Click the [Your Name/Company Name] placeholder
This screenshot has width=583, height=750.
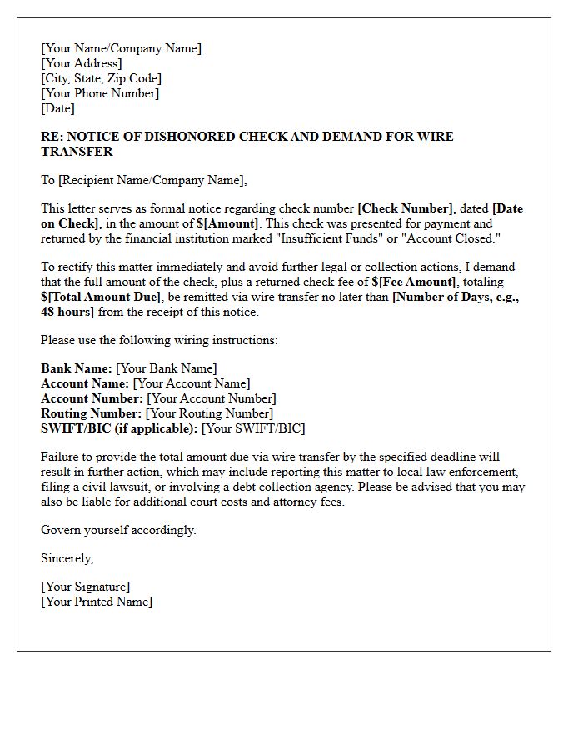click(x=121, y=48)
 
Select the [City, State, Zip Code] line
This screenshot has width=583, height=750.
click(x=101, y=78)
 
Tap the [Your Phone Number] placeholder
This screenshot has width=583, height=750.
click(x=100, y=93)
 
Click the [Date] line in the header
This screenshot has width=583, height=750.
click(x=57, y=108)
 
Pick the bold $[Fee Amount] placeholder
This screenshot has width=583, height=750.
click(x=414, y=282)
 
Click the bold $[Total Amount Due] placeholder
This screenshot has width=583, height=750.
click(x=101, y=297)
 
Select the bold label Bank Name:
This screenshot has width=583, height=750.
click(x=77, y=368)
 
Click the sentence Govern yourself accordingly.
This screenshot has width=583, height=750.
click(x=118, y=530)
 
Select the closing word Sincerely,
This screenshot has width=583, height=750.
click(x=67, y=558)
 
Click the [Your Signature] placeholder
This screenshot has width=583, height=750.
click(x=85, y=587)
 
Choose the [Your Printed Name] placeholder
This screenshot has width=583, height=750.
click(x=97, y=602)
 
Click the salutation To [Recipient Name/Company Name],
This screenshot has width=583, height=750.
click(x=144, y=180)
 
